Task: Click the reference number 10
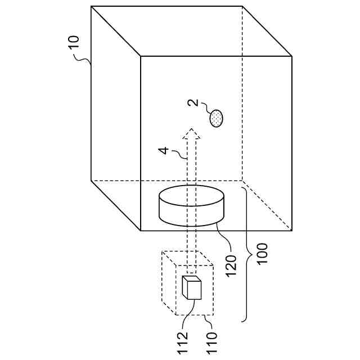tap(74, 43)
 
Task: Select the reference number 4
tap(163, 150)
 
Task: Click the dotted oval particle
tap(216, 118)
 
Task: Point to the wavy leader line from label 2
tap(205, 109)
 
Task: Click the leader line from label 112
tap(188, 311)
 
